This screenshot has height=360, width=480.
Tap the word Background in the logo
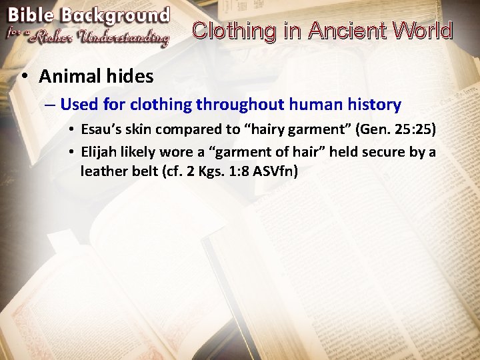115,15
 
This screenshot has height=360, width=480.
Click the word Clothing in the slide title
233,31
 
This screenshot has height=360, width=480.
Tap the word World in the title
422,31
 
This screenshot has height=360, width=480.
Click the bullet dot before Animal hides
23,77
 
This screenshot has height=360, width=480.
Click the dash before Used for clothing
50,105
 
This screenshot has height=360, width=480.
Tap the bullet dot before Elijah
71,152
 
